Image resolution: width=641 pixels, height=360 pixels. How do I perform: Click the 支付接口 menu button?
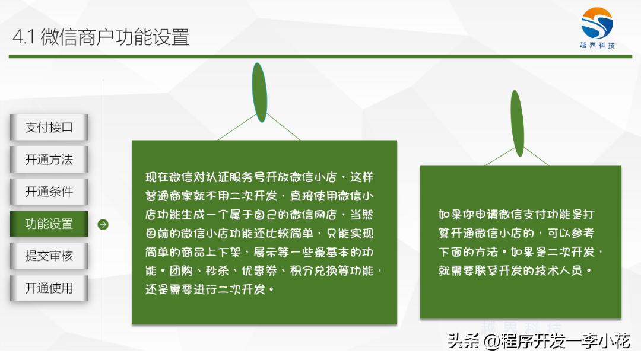49,128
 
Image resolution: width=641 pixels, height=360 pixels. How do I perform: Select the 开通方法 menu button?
49,160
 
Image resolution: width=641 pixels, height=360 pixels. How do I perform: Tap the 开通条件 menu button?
49,192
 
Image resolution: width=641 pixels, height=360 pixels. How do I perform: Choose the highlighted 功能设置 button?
49,224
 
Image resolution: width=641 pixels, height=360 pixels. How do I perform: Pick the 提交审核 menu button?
49,256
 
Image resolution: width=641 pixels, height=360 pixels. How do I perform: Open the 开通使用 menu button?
49,288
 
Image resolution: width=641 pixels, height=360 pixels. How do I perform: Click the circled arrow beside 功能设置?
103,225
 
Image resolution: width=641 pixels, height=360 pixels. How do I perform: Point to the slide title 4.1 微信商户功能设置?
101,37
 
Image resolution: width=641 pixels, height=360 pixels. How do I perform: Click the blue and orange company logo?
597,23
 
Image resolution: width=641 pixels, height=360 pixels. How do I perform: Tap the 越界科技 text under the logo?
597,46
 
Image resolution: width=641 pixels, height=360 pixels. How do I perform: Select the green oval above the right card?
517,123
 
